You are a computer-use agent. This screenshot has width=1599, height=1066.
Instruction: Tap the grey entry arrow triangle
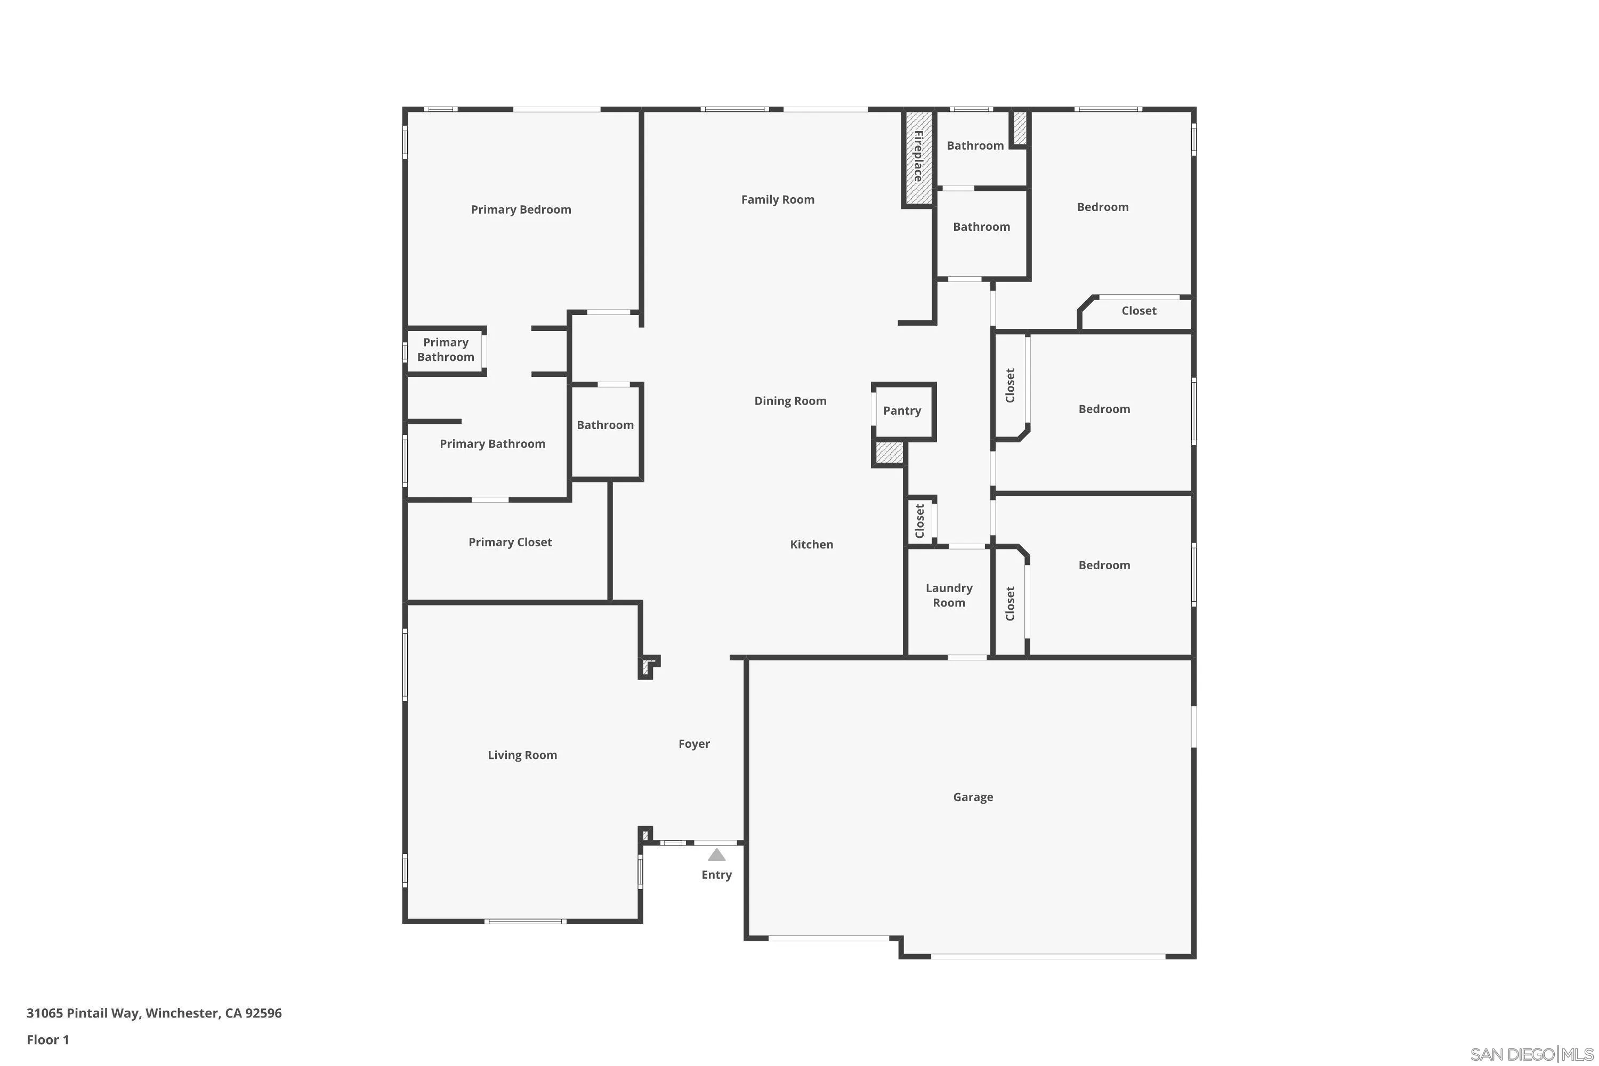click(x=716, y=854)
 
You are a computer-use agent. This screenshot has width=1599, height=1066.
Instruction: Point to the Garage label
click(x=972, y=797)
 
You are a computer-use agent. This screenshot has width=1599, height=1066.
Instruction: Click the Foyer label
click(x=693, y=744)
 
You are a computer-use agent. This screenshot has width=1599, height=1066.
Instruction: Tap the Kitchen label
click(x=811, y=544)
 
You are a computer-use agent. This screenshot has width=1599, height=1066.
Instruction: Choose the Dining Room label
click(x=790, y=401)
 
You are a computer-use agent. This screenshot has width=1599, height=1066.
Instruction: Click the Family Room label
click(x=777, y=199)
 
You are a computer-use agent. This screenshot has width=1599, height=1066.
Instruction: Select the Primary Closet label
click(x=510, y=542)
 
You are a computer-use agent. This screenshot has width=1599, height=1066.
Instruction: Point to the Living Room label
click(x=522, y=755)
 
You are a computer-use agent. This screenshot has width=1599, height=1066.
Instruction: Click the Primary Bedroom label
click(x=521, y=209)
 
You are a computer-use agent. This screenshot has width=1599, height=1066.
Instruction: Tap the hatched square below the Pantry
click(x=889, y=453)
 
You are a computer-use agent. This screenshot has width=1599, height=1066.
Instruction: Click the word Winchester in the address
click(x=182, y=1013)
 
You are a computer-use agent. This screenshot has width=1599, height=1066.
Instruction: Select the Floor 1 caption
click(x=47, y=1039)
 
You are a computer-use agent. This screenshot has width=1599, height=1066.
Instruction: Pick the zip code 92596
click(x=263, y=1013)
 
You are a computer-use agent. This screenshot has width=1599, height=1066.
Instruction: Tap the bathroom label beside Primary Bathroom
click(x=605, y=425)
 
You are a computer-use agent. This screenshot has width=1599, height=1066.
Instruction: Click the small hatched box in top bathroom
click(x=1020, y=128)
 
